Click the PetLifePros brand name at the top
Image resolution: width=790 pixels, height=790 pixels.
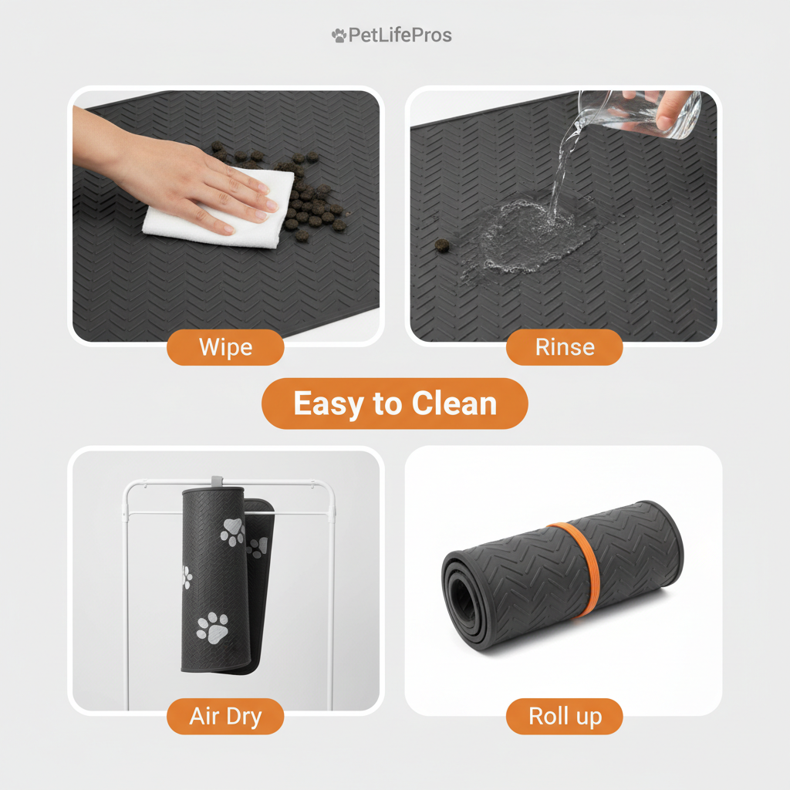[400, 35]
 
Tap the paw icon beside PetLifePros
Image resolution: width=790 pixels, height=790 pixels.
[339, 35]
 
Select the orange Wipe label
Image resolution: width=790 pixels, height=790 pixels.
[225, 347]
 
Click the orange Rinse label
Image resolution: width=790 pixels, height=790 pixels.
[565, 347]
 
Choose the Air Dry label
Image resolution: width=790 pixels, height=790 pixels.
[225, 716]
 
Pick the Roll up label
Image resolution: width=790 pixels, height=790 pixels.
[565, 716]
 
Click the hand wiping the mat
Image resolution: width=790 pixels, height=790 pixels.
[193, 174]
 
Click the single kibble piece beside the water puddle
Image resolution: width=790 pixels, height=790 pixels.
[442, 245]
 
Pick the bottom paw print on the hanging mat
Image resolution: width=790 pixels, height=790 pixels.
[213, 626]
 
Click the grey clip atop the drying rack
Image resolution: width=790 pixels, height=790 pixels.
[216, 481]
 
